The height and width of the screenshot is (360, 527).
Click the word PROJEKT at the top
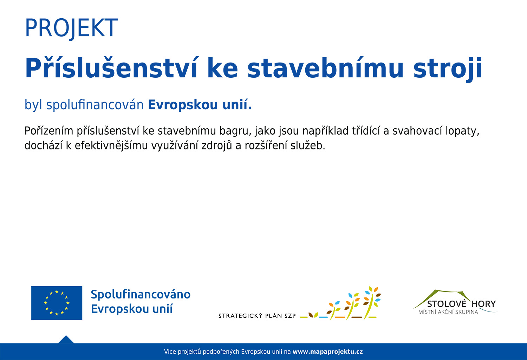[71, 28]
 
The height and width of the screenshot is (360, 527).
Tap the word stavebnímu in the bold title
[325, 67]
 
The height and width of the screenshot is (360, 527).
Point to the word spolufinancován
[95, 104]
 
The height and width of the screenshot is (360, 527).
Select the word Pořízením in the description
[49, 131]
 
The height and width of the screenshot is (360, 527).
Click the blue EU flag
[57, 303]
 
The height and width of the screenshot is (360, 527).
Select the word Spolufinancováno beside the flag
[141, 295]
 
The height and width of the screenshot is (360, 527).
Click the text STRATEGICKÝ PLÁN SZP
[257, 316]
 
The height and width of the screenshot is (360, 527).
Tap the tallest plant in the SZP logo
[372, 303]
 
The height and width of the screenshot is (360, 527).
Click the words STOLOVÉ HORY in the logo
[461, 304]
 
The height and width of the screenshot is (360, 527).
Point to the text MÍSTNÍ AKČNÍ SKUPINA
[448, 312]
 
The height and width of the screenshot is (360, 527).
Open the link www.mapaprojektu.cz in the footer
[328, 352]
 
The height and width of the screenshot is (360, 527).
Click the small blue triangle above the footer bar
[66, 340]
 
